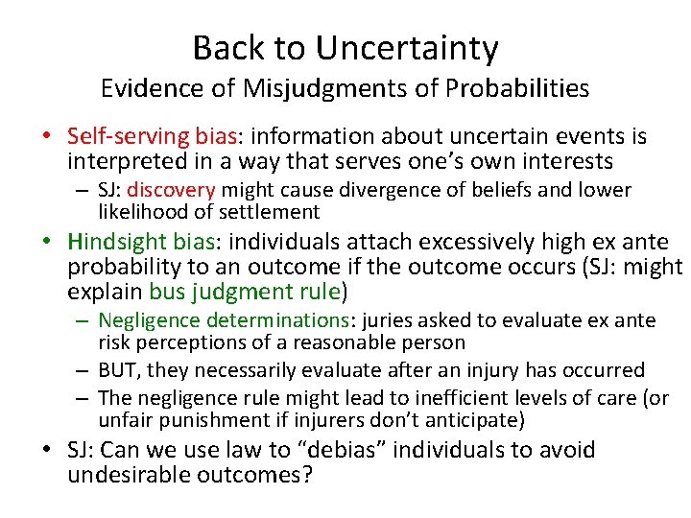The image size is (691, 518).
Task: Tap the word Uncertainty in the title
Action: click(x=407, y=47)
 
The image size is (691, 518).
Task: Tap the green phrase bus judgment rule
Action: click(x=244, y=290)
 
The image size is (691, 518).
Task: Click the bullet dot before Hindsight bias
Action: click(x=54, y=242)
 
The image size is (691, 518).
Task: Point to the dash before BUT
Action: click(x=85, y=370)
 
